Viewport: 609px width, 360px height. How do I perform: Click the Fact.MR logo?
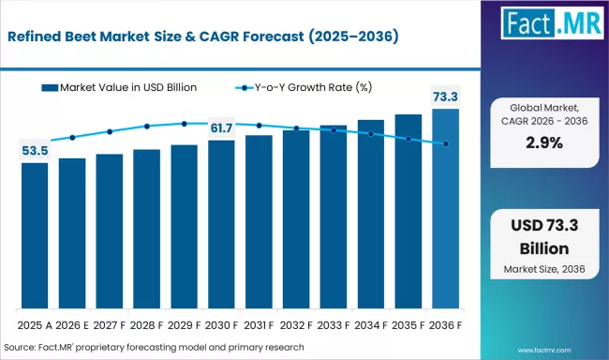(550, 28)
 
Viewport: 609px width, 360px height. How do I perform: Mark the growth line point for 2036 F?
(446, 143)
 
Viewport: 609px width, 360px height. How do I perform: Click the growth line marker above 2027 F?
(110, 131)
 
